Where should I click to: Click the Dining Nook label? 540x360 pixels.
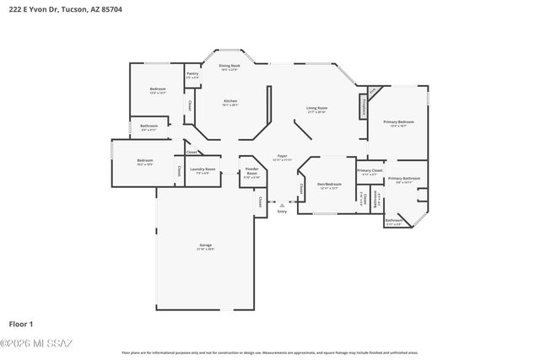tap(229, 66)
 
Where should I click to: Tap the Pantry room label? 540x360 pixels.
tap(192, 75)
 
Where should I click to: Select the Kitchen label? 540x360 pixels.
tap(229, 103)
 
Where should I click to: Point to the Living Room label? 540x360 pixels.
tap(316, 110)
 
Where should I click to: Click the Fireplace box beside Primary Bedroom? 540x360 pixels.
tap(363, 108)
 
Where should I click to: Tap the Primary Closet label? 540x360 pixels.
tap(370, 172)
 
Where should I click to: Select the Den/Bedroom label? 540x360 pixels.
tap(329, 185)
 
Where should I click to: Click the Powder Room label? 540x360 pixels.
tap(251, 174)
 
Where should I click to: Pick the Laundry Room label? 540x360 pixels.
tap(203, 169)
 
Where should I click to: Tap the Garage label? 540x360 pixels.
tap(205, 246)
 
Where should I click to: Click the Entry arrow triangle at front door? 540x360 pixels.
tap(283, 204)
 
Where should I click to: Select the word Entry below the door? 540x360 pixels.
tap(283, 212)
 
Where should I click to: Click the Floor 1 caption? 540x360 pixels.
tap(20, 324)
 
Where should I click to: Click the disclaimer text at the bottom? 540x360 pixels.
tap(269, 353)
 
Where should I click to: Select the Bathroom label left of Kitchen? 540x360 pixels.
tap(148, 127)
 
